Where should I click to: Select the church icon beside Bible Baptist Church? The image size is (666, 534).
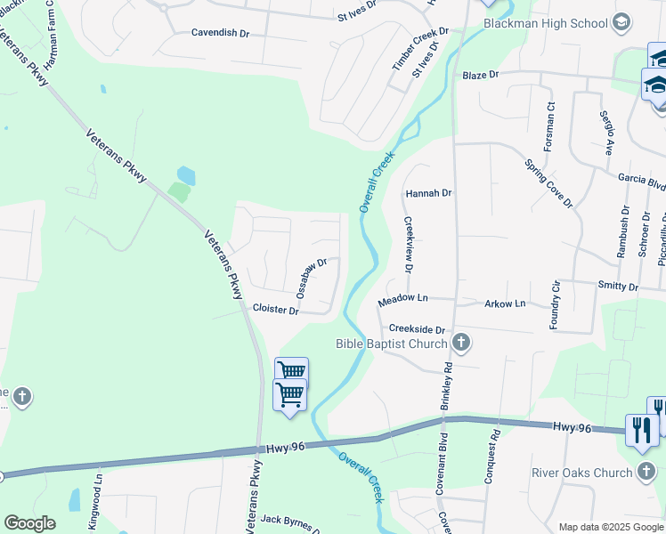[x=460, y=342]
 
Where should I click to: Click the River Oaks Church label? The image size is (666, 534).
[x=581, y=473]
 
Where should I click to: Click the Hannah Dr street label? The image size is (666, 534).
[x=429, y=192]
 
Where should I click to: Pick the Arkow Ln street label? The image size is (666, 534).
[x=505, y=303]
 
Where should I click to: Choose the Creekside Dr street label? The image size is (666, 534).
[x=417, y=329]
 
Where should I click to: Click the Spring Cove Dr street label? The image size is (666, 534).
[x=549, y=183]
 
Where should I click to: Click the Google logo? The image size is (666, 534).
[x=30, y=523]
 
